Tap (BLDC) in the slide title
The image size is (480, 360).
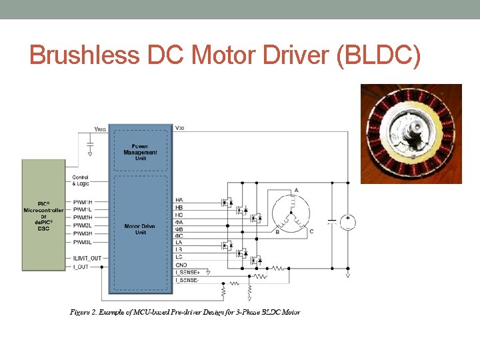pos(379,55)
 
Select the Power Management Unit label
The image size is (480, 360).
pos(140,149)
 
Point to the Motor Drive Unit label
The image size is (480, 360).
pos(140,229)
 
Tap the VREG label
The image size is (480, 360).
pos(99,129)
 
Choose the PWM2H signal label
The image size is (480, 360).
pos(83,217)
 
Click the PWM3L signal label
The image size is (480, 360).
pos(83,241)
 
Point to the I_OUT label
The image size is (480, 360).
pos(81,266)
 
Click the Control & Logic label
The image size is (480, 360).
pos(81,180)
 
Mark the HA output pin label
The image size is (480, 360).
pos(179,200)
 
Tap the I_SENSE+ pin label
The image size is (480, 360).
pos(188,273)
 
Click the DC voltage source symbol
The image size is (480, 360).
pos(347,223)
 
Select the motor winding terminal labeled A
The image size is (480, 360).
pos(296,191)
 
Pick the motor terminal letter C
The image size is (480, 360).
pos(311,231)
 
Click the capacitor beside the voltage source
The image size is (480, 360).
pos(331,223)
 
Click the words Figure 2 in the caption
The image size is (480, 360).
pos(85,312)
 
